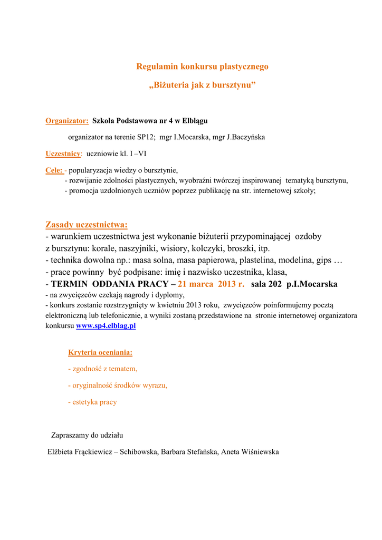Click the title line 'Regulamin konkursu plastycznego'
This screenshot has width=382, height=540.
202,66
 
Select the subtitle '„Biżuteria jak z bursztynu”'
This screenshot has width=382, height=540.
202,85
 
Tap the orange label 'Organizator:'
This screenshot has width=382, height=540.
67,121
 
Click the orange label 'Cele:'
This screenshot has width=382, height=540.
54,170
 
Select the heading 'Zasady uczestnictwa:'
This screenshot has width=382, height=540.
87,225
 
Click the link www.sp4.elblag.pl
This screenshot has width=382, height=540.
106,326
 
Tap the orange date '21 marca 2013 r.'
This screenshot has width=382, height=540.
212,284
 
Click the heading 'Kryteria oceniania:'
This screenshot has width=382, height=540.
100,352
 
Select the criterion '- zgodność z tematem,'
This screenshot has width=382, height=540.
103,369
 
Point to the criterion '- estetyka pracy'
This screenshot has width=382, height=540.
93,402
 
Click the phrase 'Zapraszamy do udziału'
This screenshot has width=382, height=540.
87,435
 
